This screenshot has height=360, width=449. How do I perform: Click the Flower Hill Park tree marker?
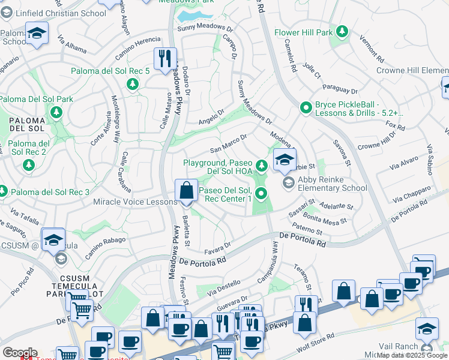(x=342, y=31)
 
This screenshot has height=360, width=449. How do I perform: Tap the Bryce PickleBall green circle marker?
(x=306, y=108)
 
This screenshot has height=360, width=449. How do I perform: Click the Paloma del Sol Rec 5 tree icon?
(x=132, y=84)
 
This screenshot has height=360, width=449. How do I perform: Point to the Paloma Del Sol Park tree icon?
(x=56, y=112)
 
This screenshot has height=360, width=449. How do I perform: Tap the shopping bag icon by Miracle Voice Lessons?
(x=187, y=190)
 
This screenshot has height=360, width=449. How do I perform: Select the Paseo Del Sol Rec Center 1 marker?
(x=261, y=193)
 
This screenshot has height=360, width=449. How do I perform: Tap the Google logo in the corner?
(x=20, y=353)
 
